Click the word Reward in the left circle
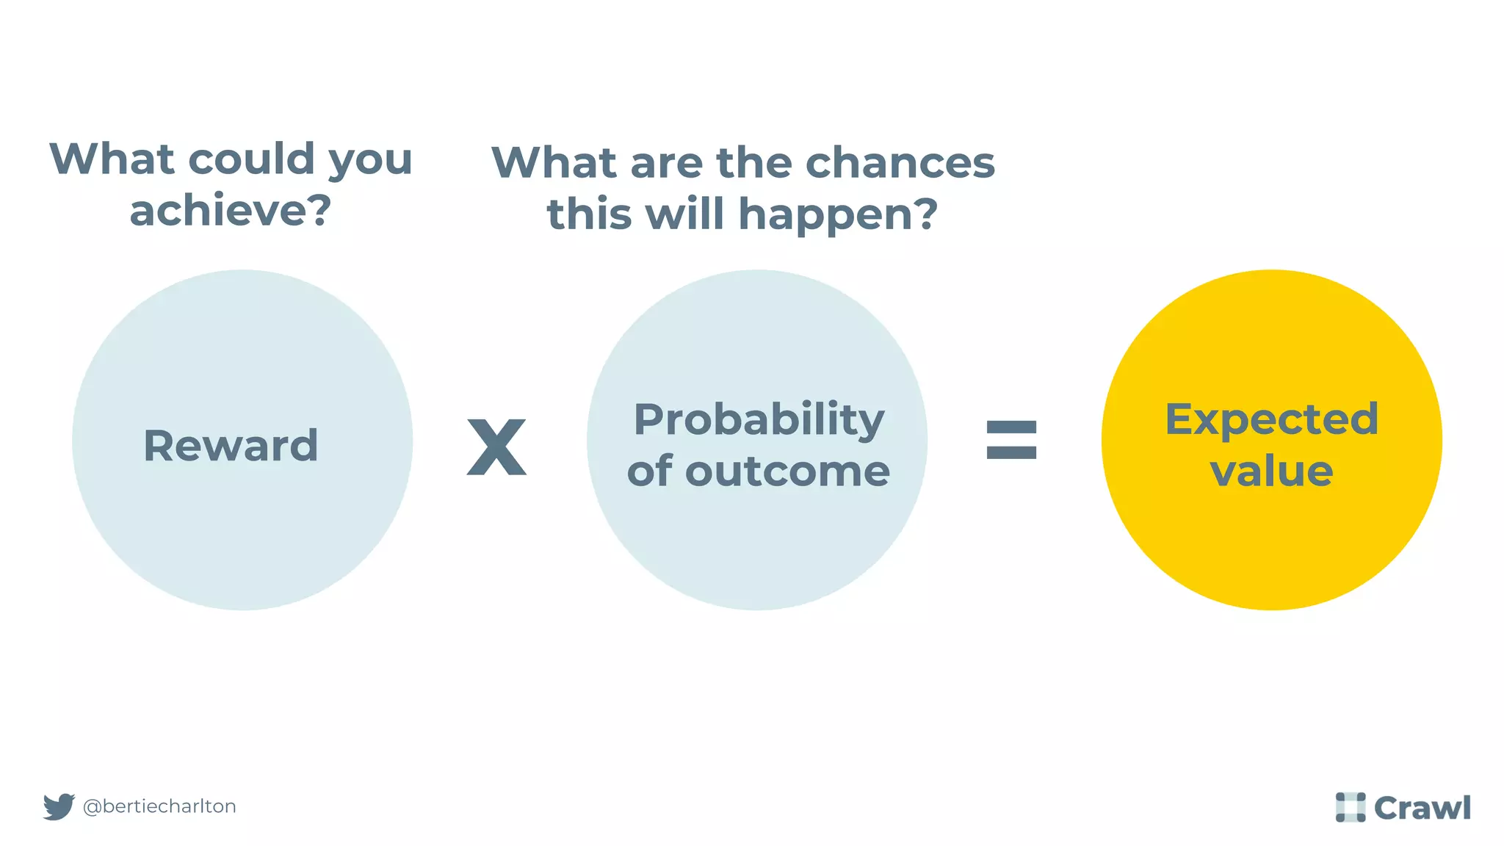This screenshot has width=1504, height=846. pos(231,446)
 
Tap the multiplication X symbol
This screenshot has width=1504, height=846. pos(496,446)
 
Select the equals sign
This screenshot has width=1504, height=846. pos(1011,440)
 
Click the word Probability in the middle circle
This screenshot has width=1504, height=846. pos(759,420)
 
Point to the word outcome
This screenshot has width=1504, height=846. pos(787,471)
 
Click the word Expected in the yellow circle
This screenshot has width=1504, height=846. pos(1271,419)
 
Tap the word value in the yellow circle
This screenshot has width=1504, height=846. pos(1271,471)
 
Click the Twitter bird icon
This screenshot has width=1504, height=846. pos(59,806)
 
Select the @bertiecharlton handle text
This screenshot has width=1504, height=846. pos(159,806)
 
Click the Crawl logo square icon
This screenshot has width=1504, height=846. pos(1350,807)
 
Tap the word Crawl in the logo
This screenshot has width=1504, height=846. pos(1422,808)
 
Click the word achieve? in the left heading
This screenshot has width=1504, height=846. pos(231,211)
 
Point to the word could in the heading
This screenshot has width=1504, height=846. pos(252,159)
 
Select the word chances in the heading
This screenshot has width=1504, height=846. pos(900,162)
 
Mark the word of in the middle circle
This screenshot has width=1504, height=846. pos(650,471)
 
